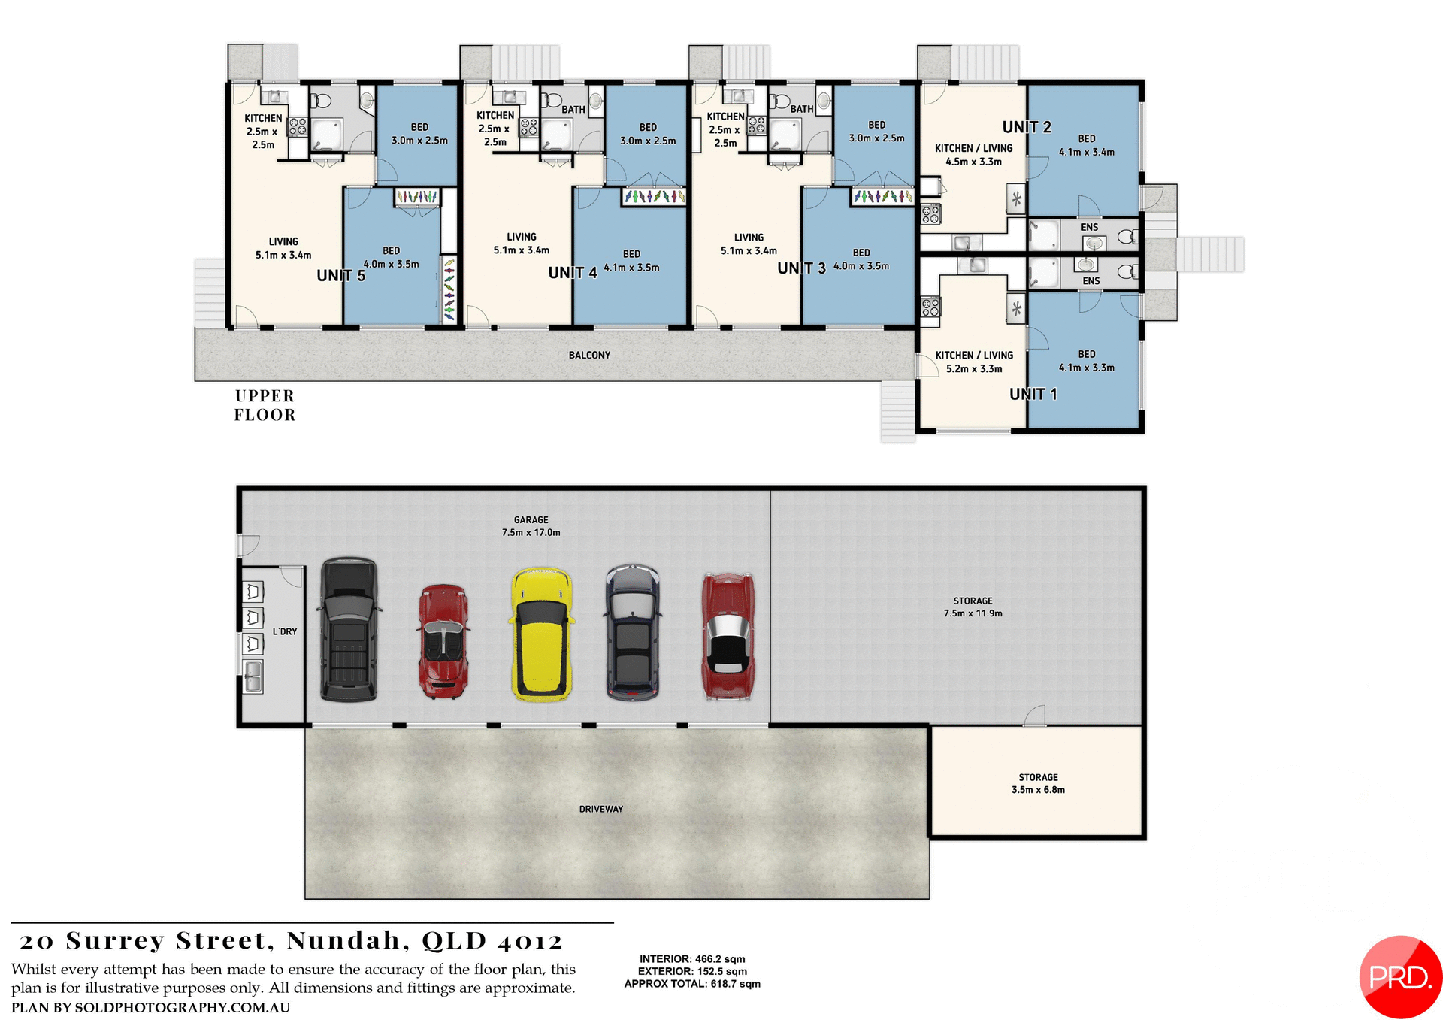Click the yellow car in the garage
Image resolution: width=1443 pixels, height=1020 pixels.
pos(541,635)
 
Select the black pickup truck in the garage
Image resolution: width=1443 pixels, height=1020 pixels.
pos(349,630)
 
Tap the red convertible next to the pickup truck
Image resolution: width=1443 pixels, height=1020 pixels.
pos(443,641)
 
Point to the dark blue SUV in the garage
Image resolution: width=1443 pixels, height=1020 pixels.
pos(633,633)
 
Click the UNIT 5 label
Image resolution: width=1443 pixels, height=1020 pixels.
pos(340,276)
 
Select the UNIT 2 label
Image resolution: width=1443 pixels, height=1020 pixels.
pos(1027,127)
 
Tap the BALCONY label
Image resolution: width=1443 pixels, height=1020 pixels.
pos(589,355)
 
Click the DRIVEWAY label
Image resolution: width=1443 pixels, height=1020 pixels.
pos(600,809)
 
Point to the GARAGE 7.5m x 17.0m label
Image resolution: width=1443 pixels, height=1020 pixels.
pos(531,526)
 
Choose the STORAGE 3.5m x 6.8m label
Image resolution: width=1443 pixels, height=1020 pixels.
pos(1038,783)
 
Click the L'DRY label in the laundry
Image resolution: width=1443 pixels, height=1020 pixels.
pos(285,631)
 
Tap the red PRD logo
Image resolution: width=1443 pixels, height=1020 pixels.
pos(1400,976)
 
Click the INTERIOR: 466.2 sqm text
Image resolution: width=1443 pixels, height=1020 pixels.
pos(692,959)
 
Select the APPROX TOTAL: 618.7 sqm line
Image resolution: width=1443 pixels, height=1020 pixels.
pos(692,984)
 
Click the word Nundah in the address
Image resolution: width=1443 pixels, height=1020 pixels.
pos(344,941)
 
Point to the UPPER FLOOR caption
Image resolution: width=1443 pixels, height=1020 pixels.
pos(265,405)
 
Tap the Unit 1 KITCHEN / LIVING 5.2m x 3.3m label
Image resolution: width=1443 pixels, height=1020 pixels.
pos(974,362)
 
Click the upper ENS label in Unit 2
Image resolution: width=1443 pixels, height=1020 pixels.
pos(1089,227)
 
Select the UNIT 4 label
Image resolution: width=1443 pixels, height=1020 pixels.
pos(572,273)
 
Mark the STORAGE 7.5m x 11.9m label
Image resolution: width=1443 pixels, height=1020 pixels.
pos(973,607)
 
